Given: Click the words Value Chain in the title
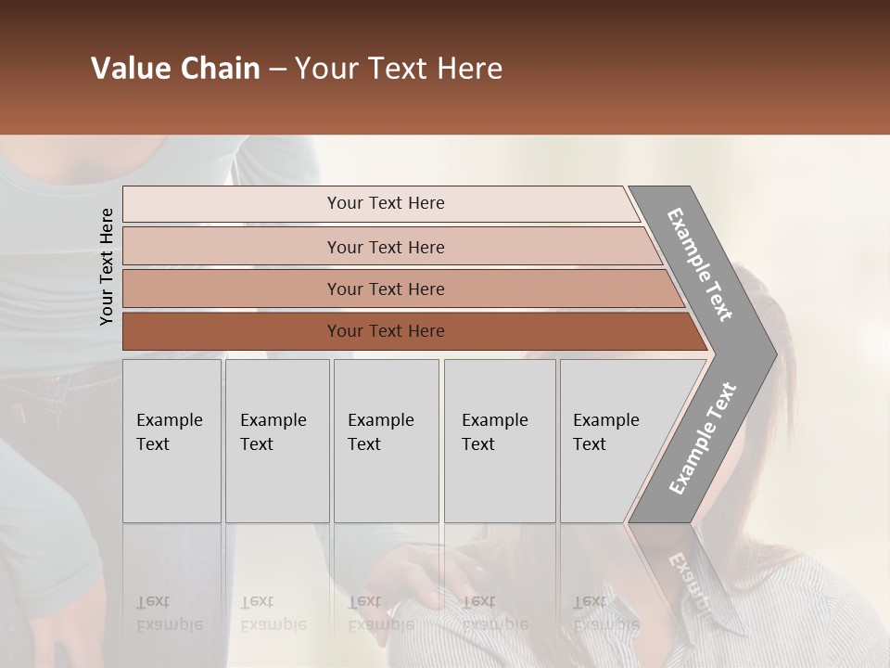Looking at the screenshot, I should point(175,69).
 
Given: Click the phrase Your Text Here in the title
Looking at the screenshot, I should point(399,69).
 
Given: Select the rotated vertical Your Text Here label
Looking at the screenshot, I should point(107,266).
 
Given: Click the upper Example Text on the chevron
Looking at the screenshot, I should point(700,264).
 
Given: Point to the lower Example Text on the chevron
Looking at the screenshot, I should point(702,439).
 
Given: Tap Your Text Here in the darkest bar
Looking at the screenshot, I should point(386,331).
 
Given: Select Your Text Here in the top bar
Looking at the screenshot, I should point(386,203).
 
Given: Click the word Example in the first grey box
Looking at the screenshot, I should point(169,420).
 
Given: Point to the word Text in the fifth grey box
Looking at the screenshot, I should point(589,444).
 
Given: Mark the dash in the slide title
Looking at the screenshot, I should point(277,70).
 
